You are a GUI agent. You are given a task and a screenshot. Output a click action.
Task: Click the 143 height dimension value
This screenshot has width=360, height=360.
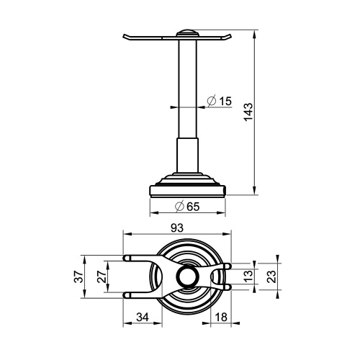[x=248, y=112]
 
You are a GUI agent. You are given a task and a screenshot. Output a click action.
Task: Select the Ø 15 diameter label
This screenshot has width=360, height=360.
[x=219, y=101]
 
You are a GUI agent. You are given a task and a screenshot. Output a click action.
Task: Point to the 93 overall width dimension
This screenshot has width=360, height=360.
[x=177, y=227]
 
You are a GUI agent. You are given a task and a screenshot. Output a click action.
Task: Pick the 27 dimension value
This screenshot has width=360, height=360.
[x=102, y=276]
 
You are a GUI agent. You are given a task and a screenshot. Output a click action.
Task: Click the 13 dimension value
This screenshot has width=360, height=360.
[x=248, y=276]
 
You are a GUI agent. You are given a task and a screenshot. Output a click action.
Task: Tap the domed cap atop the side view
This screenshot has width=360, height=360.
[x=186, y=33]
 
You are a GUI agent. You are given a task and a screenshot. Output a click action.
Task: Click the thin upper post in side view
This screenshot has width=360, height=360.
[x=187, y=86]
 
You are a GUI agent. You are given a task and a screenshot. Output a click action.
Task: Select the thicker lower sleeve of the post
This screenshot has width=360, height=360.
[x=187, y=155]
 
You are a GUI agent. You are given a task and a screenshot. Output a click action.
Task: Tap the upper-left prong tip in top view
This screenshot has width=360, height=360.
[x=127, y=257]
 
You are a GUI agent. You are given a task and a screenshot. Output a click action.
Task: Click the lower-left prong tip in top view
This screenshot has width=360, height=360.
[x=127, y=294]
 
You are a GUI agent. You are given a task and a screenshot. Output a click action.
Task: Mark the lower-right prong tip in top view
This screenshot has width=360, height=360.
[x=228, y=287]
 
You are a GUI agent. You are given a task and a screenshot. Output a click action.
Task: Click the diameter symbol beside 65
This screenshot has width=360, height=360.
[x=178, y=207]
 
